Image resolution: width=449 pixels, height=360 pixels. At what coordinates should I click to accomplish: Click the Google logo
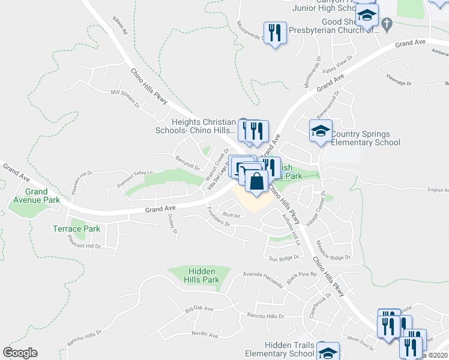coord(20,353)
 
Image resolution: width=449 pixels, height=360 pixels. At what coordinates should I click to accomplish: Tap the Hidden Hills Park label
coord(202,275)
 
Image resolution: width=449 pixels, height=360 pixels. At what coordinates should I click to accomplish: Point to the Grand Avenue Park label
coord(36,196)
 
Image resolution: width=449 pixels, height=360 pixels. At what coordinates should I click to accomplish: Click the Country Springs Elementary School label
coord(365,138)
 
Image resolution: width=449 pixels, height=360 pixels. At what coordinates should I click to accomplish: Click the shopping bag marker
coord(256,181)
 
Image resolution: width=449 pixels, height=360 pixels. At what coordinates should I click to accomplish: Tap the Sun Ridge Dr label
coord(283,259)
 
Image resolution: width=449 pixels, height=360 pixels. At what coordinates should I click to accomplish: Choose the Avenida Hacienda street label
coord(262,278)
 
